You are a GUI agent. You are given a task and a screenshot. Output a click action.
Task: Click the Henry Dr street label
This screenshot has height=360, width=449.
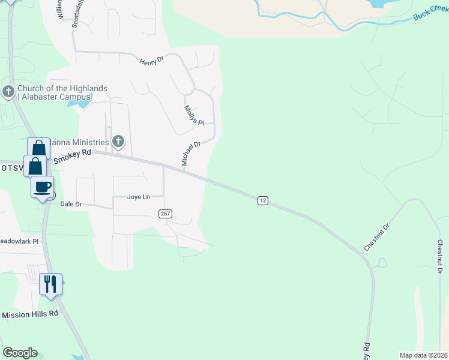(x=152, y=61)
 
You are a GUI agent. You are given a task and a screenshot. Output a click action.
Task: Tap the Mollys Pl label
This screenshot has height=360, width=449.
(x=194, y=115)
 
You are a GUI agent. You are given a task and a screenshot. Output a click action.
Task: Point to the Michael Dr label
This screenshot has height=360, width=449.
(x=190, y=154)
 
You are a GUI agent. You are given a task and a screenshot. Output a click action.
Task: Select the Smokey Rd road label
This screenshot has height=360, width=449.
(x=72, y=157)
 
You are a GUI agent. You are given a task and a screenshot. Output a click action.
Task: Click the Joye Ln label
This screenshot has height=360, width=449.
(x=137, y=197)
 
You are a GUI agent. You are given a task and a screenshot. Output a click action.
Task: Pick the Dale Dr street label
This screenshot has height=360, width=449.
(x=71, y=204)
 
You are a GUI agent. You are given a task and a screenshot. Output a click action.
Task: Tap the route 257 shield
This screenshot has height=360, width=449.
(x=165, y=214)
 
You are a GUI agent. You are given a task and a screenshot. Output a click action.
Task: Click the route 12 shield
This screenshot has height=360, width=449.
(x=262, y=200)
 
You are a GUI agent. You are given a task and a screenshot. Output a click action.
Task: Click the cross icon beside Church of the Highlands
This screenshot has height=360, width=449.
(x=8, y=92)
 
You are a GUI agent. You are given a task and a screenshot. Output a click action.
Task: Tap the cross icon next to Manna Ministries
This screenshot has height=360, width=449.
(x=118, y=142)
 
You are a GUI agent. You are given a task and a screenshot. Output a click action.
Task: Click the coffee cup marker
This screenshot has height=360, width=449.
(x=43, y=187)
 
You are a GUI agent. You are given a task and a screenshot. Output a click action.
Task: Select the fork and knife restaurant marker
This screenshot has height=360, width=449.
(x=50, y=283)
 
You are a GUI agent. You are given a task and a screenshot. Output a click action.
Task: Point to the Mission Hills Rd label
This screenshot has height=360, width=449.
(x=30, y=314)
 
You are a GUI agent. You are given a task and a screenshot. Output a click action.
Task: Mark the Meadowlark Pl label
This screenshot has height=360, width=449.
(x=19, y=241)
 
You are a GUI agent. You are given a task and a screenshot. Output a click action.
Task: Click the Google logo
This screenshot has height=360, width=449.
(x=20, y=353)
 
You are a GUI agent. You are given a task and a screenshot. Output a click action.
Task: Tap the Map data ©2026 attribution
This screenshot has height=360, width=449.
(x=424, y=355)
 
